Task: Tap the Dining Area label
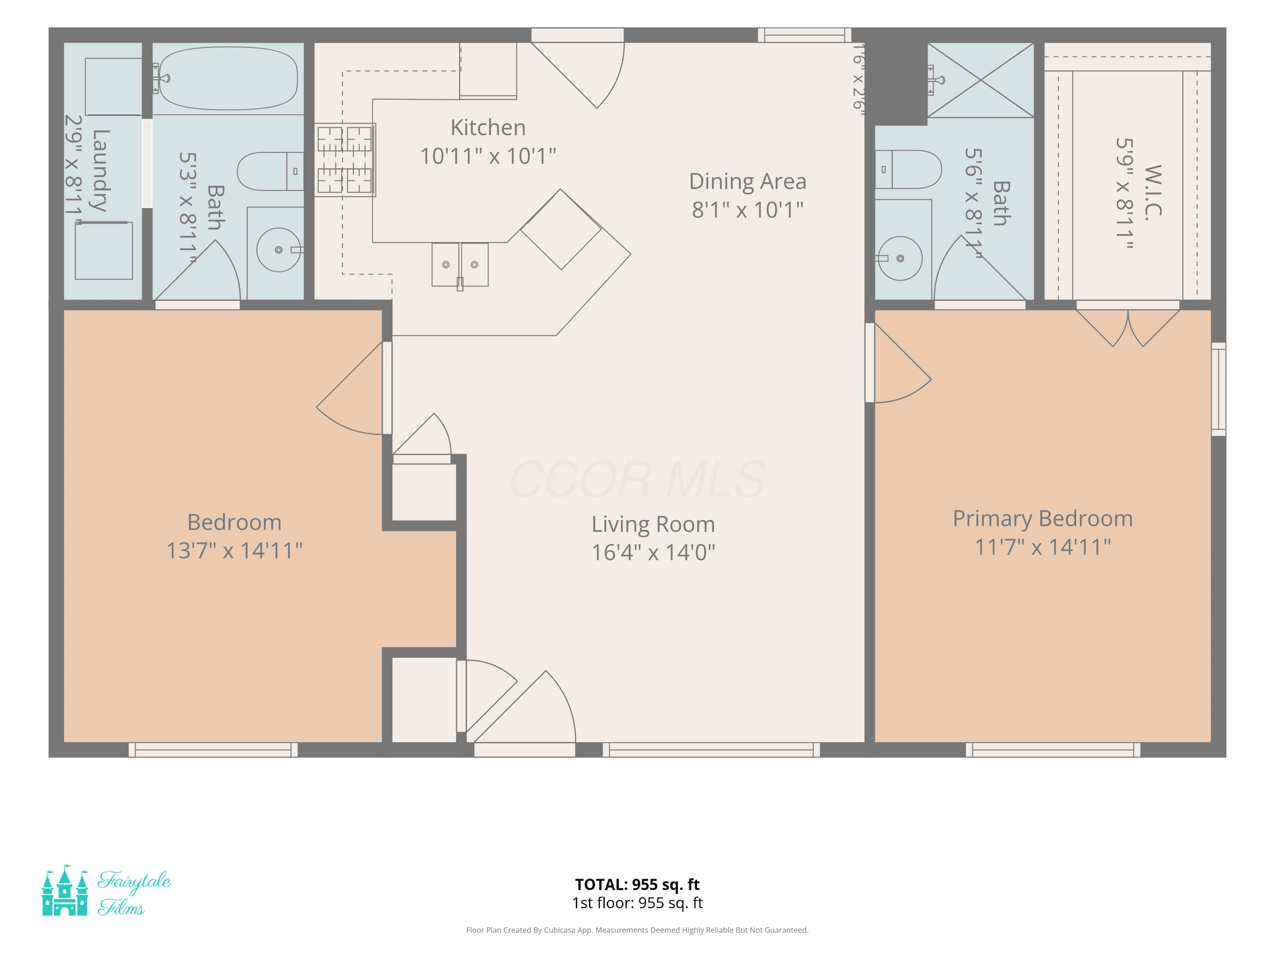click(748, 181)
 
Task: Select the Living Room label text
click(653, 524)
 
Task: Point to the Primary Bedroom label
click(1043, 519)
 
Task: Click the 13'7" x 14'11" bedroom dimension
click(235, 550)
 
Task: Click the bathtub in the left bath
click(228, 78)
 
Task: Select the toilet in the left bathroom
click(270, 171)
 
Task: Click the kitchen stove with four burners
click(345, 160)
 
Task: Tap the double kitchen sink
click(460, 265)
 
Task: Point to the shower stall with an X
click(980, 80)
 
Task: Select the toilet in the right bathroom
click(908, 170)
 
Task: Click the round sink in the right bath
click(900, 259)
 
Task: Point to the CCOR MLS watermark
click(637, 479)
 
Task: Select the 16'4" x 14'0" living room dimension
click(653, 552)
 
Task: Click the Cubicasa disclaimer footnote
click(637, 930)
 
